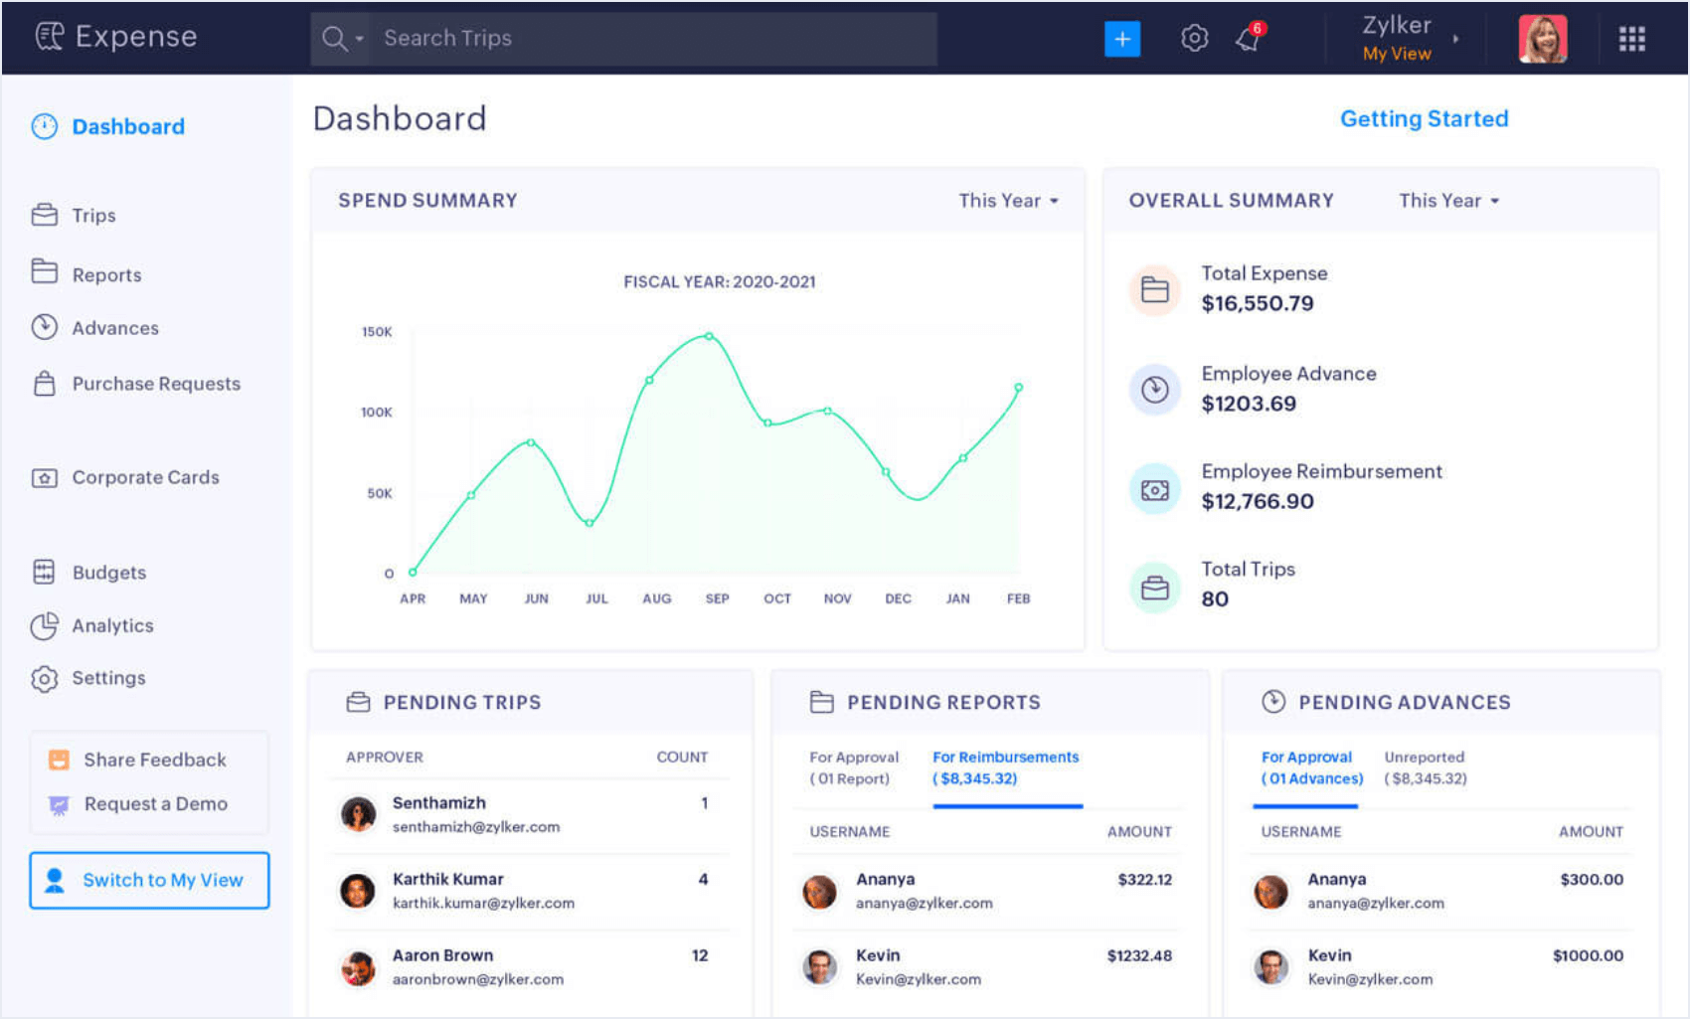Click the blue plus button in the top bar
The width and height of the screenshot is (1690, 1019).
click(1121, 39)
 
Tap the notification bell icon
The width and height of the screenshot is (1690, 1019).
click(1248, 39)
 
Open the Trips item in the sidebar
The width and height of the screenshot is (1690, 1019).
click(93, 216)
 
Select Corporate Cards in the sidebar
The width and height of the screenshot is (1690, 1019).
click(145, 477)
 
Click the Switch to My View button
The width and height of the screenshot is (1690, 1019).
click(149, 880)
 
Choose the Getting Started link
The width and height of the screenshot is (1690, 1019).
click(1424, 119)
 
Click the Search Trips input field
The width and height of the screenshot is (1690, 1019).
click(651, 39)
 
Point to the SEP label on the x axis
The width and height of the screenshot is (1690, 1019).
click(717, 598)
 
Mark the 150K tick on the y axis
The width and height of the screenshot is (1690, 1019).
click(377, 332)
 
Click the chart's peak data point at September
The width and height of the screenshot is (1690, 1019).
click(709, 336)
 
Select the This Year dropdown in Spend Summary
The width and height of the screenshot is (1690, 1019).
click(1008, 201)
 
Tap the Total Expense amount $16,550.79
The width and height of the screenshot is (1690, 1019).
click(1257, 303)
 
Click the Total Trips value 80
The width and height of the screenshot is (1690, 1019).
click(1215, 599)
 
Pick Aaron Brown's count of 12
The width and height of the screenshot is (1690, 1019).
click(700, 955)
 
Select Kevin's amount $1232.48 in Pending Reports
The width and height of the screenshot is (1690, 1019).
click(1139, 955)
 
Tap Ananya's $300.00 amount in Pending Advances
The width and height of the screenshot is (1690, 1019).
click(1591, 880)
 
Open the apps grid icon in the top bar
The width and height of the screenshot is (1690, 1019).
click(1631, 39)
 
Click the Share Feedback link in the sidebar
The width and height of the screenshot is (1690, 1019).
click(154, 760)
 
